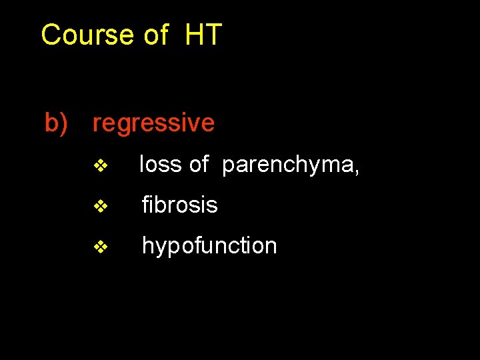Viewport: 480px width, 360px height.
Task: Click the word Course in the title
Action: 88,35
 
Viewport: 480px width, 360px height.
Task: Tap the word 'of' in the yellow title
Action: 156,35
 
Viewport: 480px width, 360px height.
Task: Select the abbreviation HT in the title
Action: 203,35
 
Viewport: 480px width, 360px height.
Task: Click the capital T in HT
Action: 213,35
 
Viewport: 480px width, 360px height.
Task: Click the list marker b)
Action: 56,123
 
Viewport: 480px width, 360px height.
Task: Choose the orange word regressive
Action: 153,124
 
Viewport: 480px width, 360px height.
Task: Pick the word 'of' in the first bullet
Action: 199,165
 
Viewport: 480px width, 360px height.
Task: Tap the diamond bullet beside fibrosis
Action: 101,207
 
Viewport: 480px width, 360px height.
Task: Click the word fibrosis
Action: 179,205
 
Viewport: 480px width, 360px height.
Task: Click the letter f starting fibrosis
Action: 145,205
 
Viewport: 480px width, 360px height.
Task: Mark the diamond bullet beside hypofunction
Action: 101,247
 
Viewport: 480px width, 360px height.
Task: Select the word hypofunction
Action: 209,246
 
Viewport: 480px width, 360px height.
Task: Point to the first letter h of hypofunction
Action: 147,245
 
